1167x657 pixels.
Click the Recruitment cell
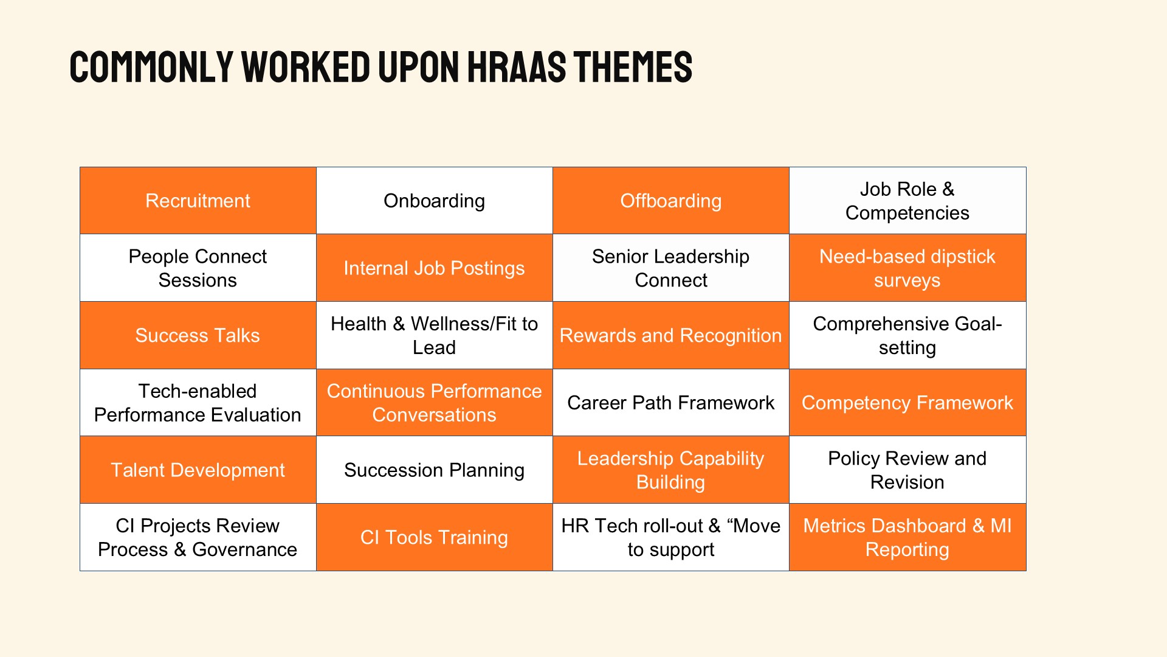point(198,201)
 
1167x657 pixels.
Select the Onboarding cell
point(435,201)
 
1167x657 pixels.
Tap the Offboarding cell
point(671,201)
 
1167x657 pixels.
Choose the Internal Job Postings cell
point(435,268)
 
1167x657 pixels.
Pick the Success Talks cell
point(198,335)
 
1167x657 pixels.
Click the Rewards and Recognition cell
point(671,335)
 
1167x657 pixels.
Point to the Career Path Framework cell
point(671,403)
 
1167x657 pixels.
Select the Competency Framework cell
point(907,403)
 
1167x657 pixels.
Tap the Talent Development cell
point(198,470)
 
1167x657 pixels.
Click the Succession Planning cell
point(435,470)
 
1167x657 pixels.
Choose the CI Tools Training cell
point(435,537)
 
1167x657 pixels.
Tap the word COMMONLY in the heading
point(152,66)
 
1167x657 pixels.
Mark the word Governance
point(244,549)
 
